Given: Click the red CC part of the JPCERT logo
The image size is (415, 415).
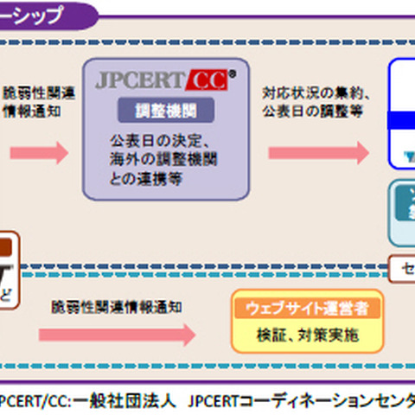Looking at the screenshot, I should (x=206, y=81).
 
